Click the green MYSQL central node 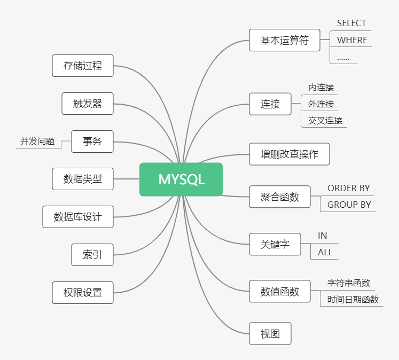181,179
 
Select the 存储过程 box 83,66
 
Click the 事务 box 92,142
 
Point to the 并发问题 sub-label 37,142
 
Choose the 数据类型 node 83,179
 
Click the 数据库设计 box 78,217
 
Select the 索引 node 92,255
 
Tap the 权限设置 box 83,293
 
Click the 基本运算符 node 285,40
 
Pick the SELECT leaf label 351,23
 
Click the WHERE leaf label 352,40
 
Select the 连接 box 270,104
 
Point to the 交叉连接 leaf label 325,121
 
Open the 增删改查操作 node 290,154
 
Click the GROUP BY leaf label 349,205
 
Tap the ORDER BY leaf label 348,188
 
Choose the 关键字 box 275,244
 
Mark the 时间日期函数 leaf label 353,300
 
